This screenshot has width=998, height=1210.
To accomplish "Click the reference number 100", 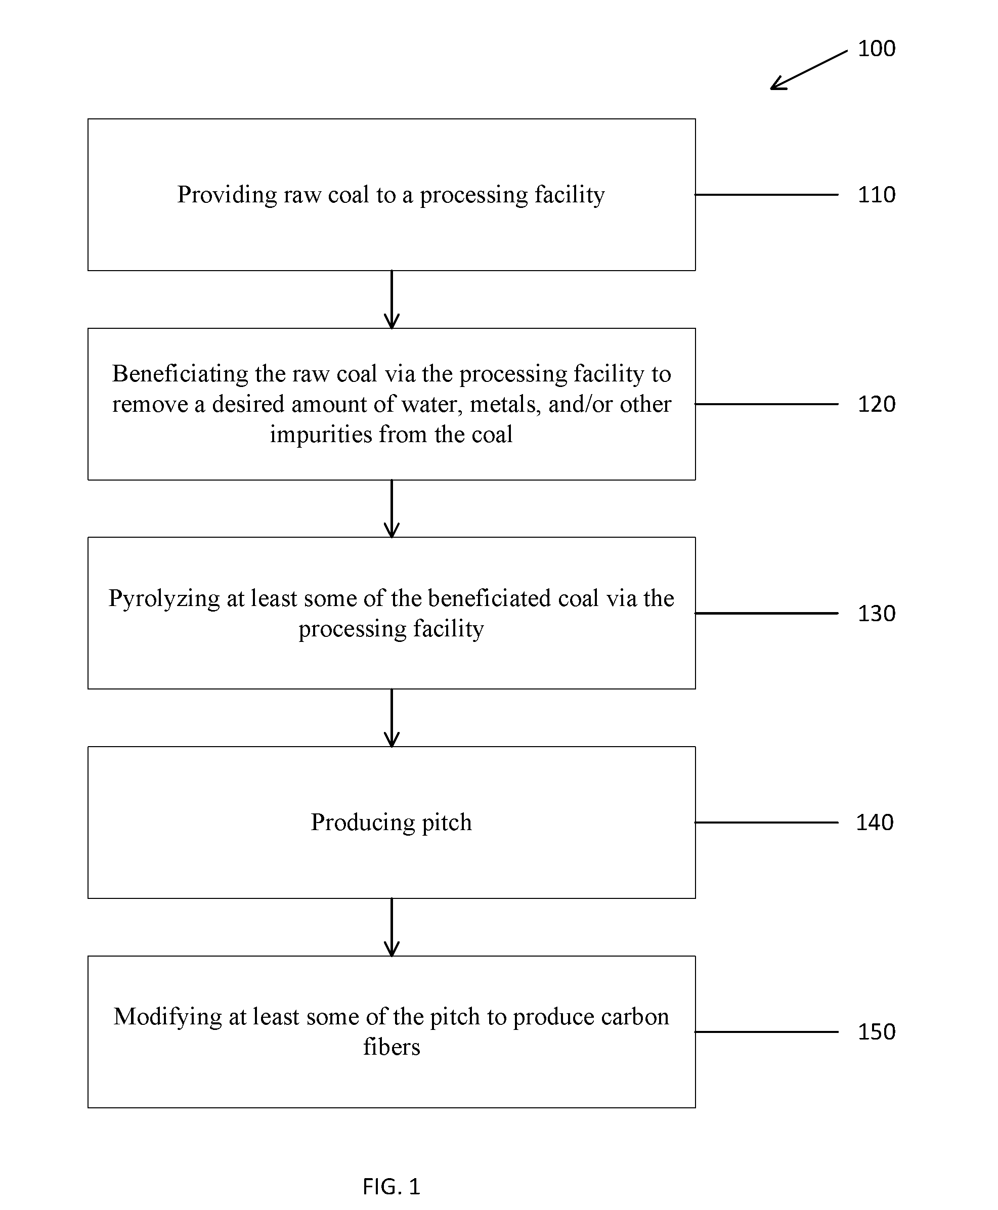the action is coord(876,48).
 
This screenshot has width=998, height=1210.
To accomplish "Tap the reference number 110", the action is coord(876,195).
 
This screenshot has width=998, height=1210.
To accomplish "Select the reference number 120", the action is coord(876,404).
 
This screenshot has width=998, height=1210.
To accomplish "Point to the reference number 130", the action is coord(876,613).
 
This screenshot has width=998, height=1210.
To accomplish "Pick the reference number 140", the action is coord(875,823).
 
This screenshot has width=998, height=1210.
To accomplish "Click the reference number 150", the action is coord(876,1032).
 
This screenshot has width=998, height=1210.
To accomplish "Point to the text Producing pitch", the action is coord(392,823).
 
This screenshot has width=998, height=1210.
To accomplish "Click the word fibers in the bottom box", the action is coord(392,1047).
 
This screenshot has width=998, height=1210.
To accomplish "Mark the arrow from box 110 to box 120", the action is coord(392,299).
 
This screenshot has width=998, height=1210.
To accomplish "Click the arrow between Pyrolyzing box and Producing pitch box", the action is coord(392,718).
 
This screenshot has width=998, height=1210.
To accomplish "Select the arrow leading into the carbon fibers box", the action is coord(392,927).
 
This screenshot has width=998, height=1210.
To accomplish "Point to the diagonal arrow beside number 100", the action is coord(809,70).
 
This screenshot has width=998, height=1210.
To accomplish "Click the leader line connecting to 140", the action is coord(766,823).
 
